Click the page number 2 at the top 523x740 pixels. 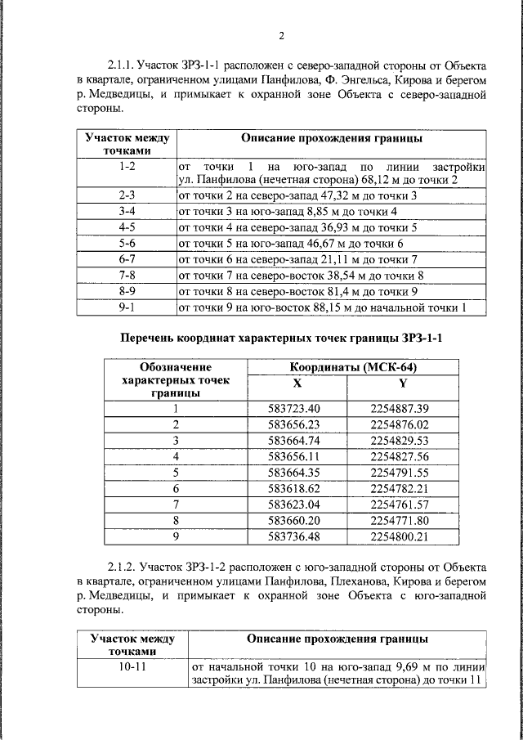(281, 36)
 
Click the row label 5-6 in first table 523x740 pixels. (126, 244)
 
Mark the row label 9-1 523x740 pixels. (126, 307)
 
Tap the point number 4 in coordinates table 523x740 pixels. (175, 456)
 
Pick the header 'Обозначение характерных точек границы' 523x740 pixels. (175, 380)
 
